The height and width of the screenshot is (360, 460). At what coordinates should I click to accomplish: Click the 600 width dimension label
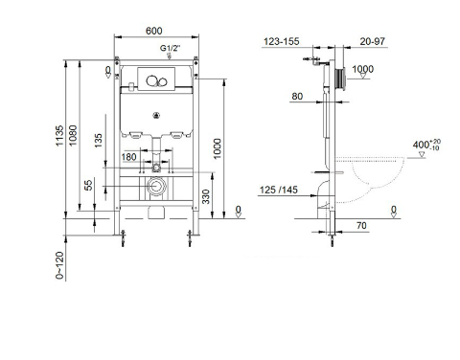point(154,31)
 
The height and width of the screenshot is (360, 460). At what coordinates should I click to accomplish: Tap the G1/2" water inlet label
point(170,48)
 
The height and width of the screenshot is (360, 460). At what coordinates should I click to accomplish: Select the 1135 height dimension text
point(59,136)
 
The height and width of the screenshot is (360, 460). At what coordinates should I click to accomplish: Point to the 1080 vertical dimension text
point(73,136)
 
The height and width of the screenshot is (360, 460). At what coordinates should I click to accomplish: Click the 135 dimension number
point(99,141)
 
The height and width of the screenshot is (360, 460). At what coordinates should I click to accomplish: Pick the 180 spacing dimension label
point(128,157)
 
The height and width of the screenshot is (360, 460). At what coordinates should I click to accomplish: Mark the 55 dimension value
point(89,185)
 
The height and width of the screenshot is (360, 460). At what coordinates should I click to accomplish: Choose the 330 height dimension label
point(206,197)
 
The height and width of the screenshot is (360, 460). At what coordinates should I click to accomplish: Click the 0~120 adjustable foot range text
point(59,265)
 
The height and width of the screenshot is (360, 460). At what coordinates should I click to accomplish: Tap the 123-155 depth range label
point(282,41)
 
